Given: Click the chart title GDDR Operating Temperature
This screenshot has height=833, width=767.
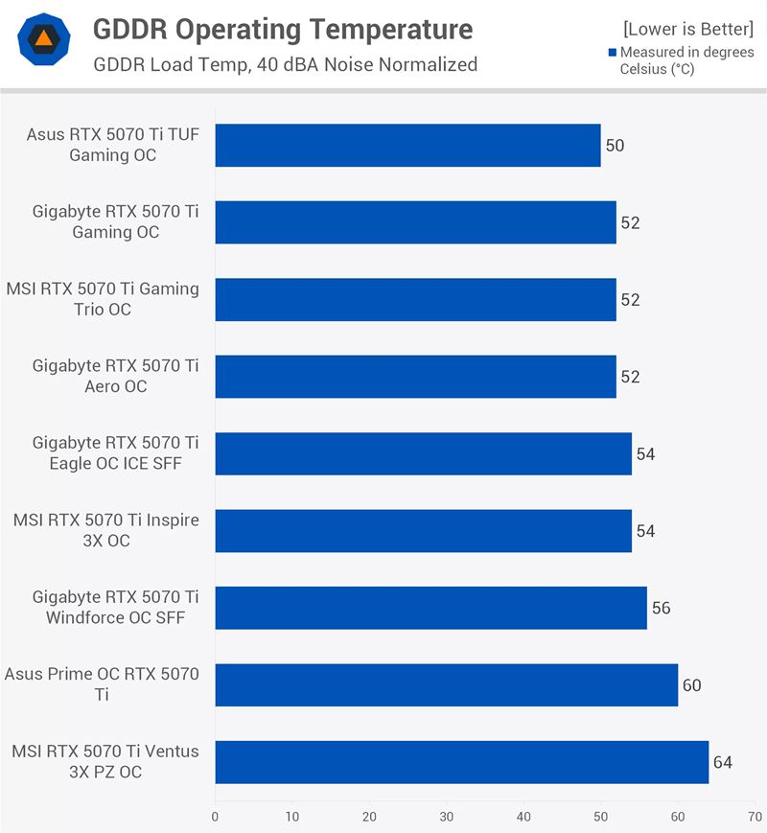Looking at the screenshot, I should [x=282, y=30].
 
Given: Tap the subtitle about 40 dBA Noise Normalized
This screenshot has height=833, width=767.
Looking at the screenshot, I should [x=286, y=65].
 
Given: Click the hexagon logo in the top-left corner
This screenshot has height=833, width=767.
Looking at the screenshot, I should [x=42, y=39].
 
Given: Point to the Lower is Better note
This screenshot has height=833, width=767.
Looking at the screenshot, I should [x=688, y=30].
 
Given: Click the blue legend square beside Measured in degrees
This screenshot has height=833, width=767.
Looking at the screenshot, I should [x=613, y=53].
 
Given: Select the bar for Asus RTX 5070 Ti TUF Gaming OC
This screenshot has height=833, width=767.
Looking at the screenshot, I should [x=407, y=146].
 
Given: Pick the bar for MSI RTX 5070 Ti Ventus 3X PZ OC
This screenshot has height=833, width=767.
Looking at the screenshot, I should [x=461, y=762].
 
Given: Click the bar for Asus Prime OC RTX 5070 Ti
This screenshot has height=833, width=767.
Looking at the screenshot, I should [x=446, y=685].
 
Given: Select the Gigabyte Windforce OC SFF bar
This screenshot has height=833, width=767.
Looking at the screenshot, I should [x=430, y=608].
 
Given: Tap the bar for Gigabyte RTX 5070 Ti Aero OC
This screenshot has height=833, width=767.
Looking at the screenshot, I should [x=415, y=377].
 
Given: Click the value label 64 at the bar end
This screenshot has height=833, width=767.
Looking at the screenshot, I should [x=723, y=762].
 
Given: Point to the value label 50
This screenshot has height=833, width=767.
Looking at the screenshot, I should [x=615, y=146].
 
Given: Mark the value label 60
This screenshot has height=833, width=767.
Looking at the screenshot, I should [x=692, y=685].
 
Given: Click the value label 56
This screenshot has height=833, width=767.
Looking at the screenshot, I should [x=661, y=608].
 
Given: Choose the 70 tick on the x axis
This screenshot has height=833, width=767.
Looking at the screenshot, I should [x=755, y=817].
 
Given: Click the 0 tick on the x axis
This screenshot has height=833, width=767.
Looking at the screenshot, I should [x=215, y=817].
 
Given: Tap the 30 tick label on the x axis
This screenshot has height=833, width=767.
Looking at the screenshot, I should [x=446, y=817].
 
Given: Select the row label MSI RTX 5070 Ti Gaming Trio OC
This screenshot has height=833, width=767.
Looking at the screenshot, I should [x=103, y=299].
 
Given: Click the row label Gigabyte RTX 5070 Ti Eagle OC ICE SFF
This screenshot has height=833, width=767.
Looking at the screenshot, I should [x=115, y=453].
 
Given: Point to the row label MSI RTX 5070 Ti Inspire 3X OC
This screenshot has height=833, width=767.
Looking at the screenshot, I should [x=105, y=530].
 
